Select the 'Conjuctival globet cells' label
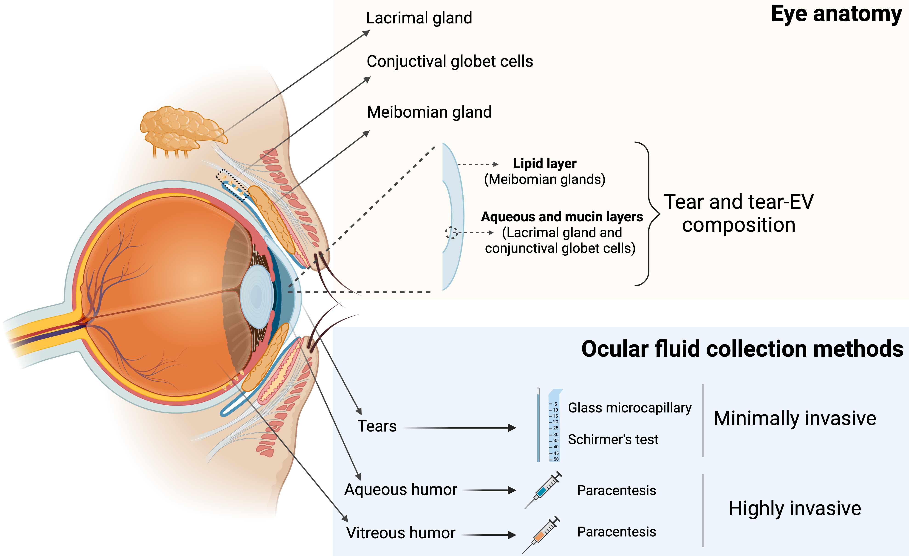click(x=449, y=62)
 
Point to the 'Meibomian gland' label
click(x=429, y=112)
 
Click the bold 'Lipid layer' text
click(x=544, y=163)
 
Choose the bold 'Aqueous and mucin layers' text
click(x=561, y=217)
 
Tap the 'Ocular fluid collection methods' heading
click(x=742, y=349)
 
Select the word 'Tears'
click(x=377, y=426)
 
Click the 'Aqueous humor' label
click(x=401, y=490)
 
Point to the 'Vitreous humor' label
click(x=401, y=533)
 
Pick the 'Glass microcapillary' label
click(x=629, y=408)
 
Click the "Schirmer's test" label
click(x=613, y=440)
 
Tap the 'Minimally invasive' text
click(x=795, y=418)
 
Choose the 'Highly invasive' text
click(x=795, y=508)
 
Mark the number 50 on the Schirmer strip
click(x=556, y=459)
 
